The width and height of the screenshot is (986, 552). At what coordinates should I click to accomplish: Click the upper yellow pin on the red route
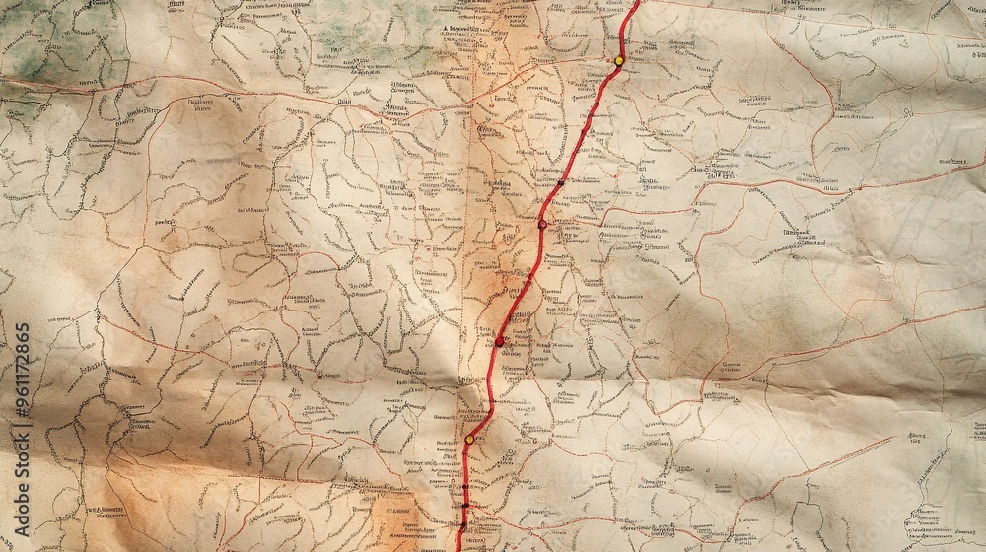[618, 60]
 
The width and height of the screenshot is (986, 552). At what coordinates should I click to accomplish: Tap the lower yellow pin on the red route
[470, 439]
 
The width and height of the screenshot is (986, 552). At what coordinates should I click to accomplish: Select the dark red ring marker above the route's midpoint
[542, 224]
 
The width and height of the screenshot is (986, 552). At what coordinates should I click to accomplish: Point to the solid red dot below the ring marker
[499, 341]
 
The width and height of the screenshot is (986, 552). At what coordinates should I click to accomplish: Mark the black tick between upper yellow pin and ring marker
[560, 182]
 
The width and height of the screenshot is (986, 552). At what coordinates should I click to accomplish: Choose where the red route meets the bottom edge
[458, 548]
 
